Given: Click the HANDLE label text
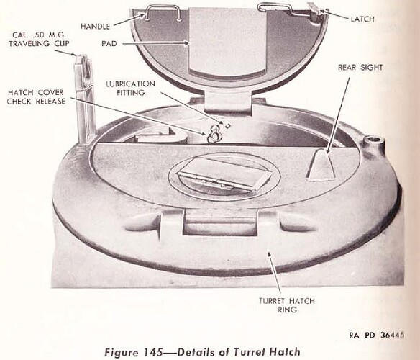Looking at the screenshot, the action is coord(96,27).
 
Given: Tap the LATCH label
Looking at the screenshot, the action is coord(362,19).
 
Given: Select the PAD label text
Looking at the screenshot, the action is coord(109,43).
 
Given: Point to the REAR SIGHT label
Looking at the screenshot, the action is coord(360,68).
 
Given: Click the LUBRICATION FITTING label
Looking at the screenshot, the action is coord(130,89).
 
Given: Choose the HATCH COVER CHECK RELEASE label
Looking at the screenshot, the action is coord(36,97).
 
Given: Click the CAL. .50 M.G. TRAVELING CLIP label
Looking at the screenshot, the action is coord(39,39).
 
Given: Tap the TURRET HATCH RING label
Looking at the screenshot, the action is coord(287,305).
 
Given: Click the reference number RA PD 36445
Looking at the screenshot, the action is coord(376,336).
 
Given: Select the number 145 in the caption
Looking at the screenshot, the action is coord(153,351).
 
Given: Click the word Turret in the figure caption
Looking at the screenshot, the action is coord(250,351).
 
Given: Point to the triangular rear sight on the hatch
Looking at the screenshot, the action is coord(321,164).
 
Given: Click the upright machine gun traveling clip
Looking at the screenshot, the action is coord(85,99).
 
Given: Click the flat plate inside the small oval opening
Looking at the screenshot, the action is coord(224,174).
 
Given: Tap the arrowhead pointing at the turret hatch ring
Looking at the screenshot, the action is coord(270,255).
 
